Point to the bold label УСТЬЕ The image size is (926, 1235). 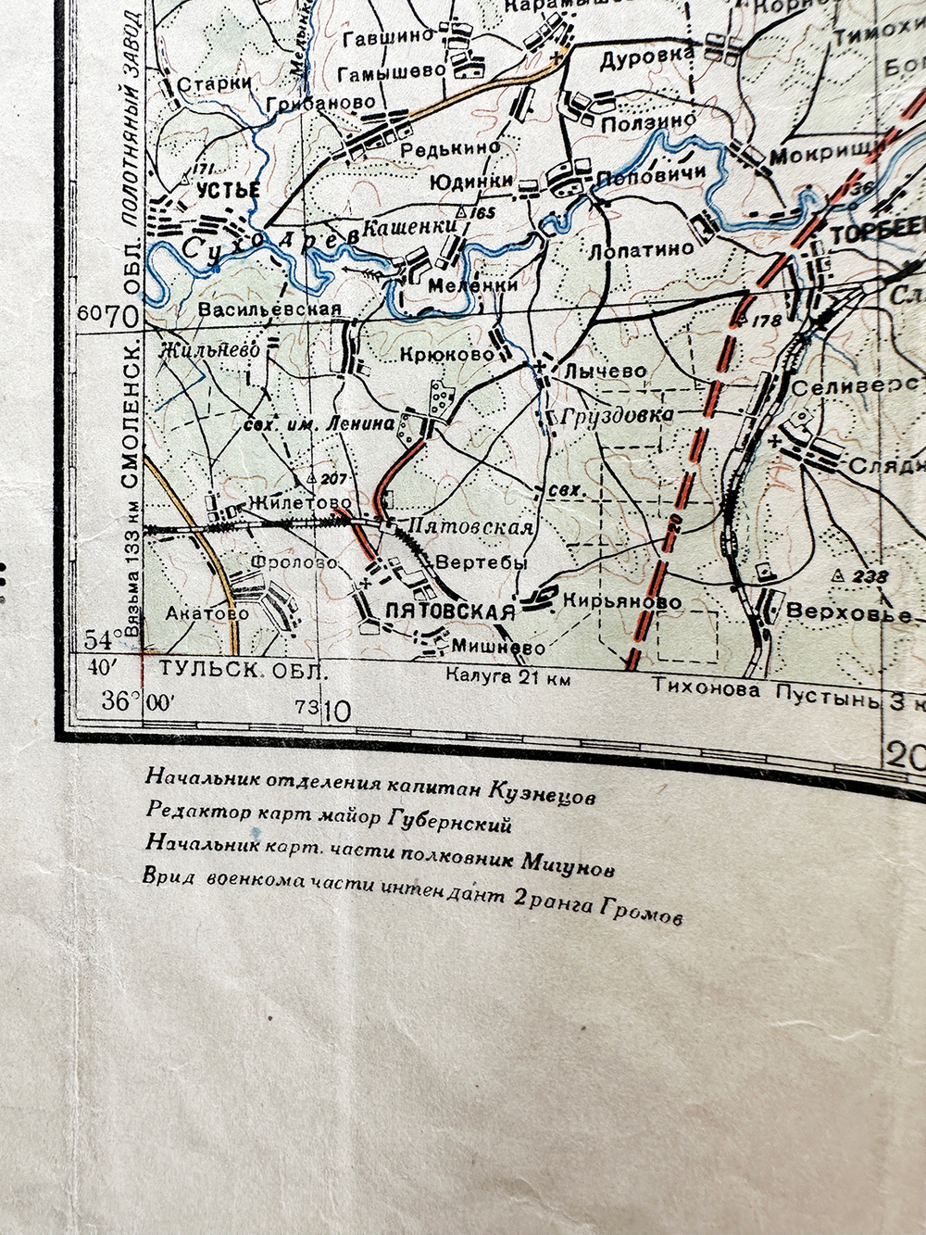228,190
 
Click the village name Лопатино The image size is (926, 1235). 642,249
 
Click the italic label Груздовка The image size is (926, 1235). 618,416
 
